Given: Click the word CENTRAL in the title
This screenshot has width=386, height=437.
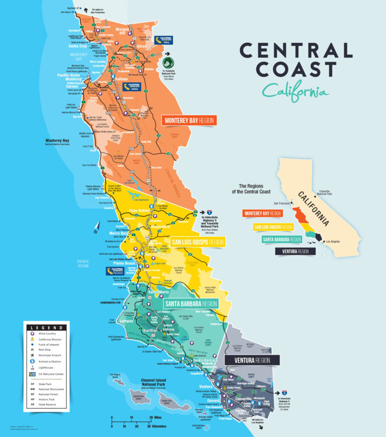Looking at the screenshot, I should [296, 51].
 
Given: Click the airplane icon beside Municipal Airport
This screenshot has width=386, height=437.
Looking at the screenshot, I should [33, 354].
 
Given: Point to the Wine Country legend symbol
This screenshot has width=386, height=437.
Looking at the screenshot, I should [33, 334].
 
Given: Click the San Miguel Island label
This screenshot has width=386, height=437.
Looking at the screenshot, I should [116, 376].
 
